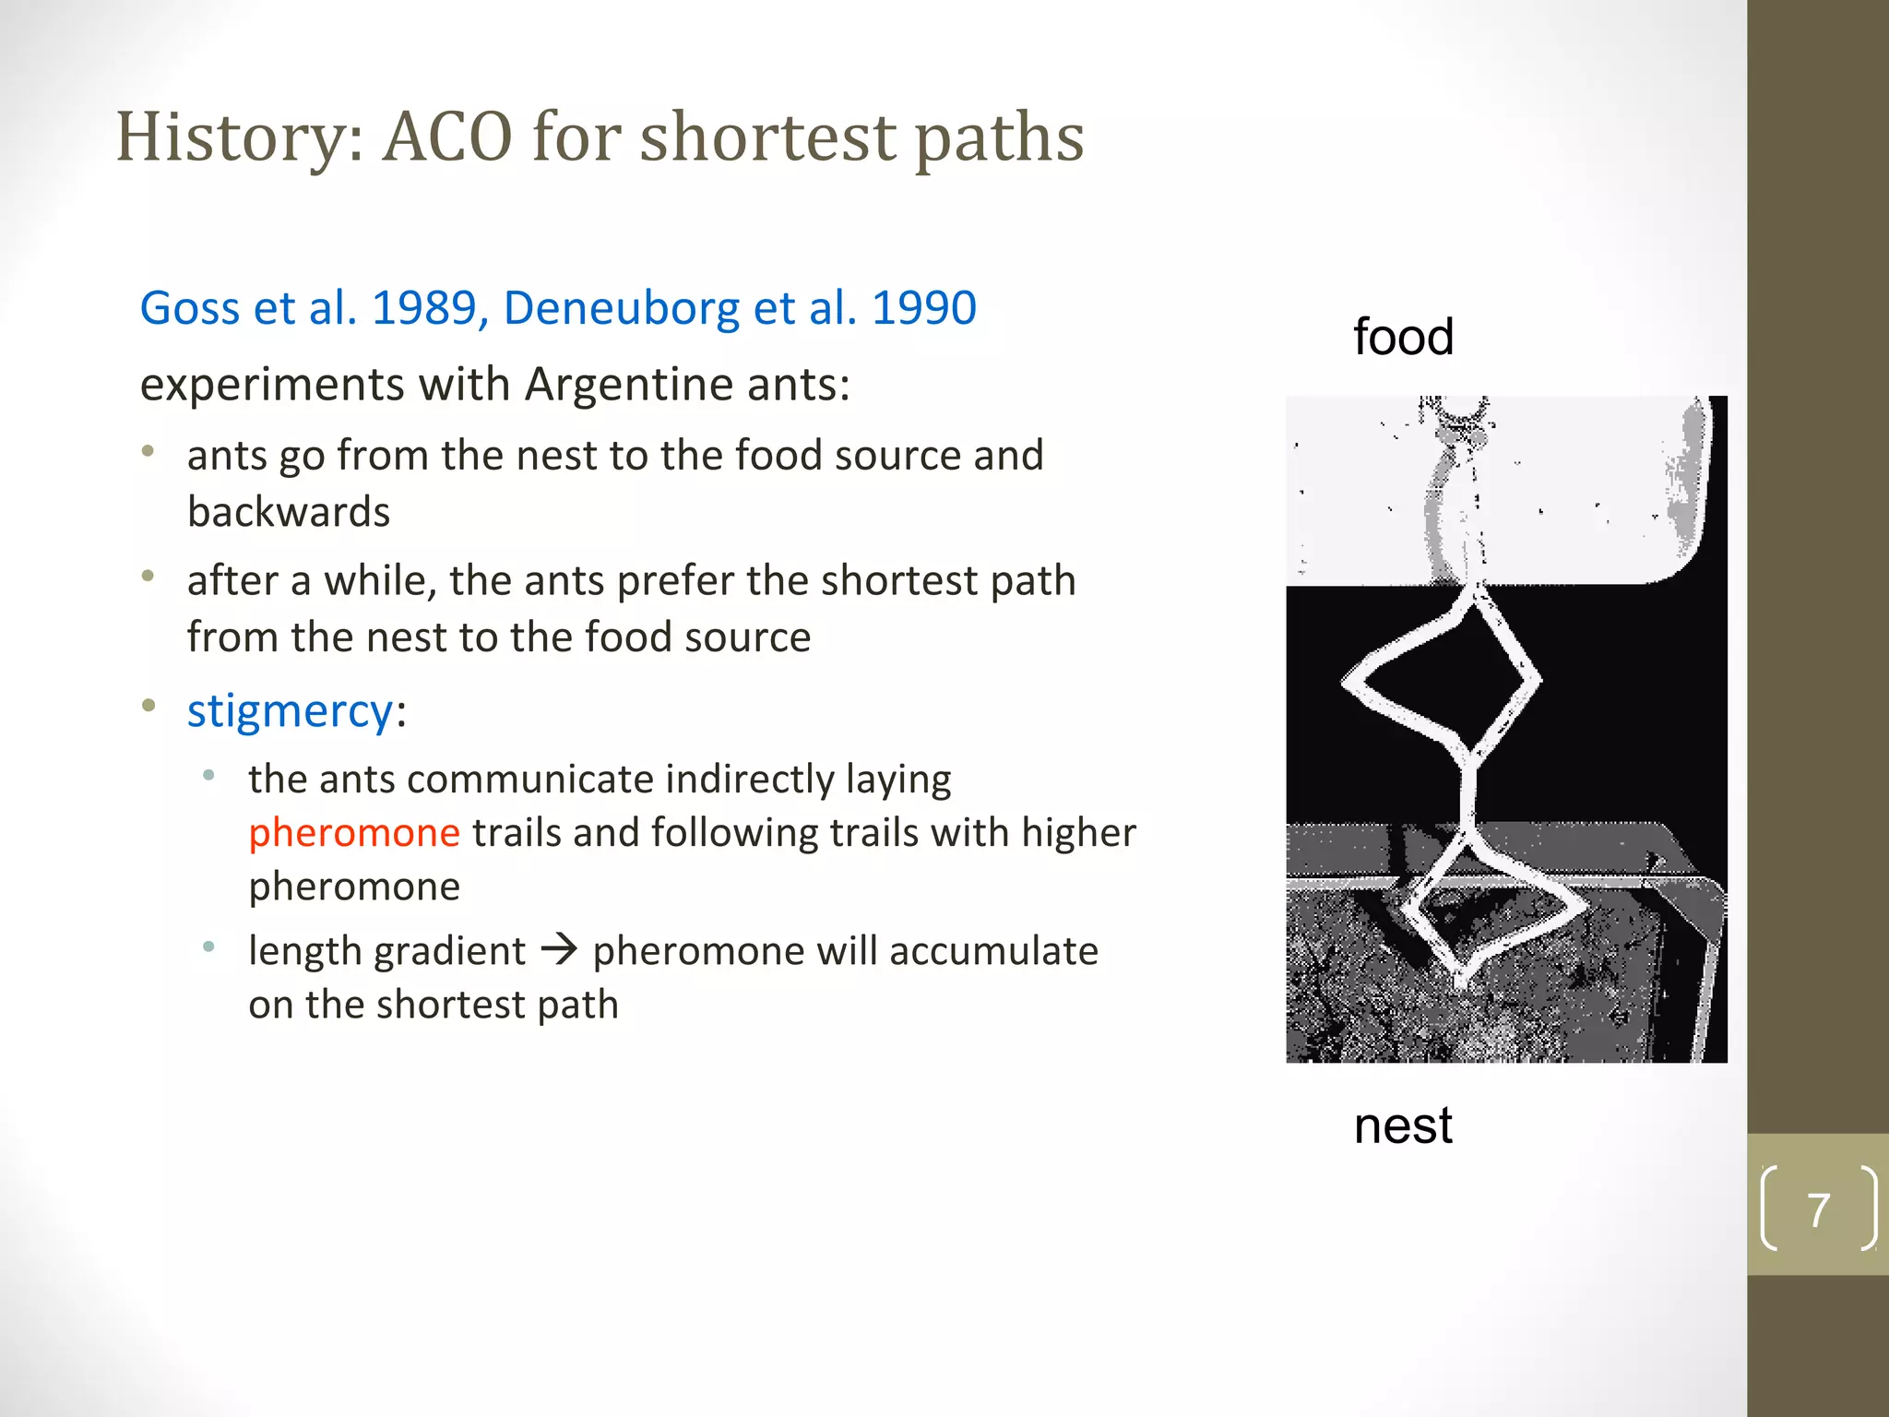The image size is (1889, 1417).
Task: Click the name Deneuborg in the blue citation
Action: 621,308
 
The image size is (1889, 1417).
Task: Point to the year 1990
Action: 923,308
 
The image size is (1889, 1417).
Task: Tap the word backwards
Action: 289,512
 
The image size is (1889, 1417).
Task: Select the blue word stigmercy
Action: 291,711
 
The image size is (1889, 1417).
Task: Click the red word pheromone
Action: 354,833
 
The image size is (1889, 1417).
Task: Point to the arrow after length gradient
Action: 559,949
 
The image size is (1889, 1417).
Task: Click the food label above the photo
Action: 1403,337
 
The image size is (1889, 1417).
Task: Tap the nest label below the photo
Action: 1403,1126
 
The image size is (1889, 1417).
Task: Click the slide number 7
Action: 1818,1209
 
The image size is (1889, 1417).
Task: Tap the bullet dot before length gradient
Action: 209,947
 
